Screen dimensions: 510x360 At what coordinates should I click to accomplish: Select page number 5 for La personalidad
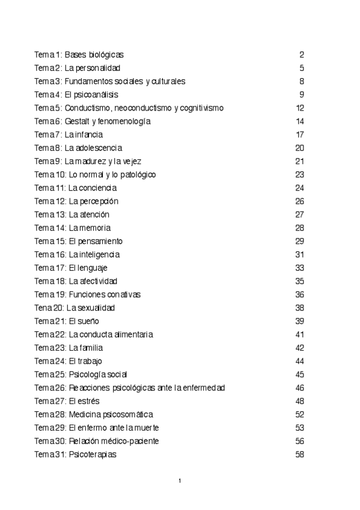click(302, 68)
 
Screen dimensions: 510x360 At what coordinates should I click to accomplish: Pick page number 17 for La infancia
click(300, 135)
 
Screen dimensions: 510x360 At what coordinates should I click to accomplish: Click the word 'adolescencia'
click(99, 148)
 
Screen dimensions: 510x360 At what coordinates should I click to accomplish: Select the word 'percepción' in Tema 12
click(99, 201)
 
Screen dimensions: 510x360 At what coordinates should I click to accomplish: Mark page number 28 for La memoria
click(300, 228)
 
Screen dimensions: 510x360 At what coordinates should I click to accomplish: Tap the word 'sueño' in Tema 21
click(88, 321)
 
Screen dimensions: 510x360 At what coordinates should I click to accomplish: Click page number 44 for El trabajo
click(300, 361)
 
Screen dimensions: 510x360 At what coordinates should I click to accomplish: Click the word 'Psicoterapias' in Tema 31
click(93, 455)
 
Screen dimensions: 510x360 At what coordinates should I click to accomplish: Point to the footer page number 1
click(180, 481)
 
